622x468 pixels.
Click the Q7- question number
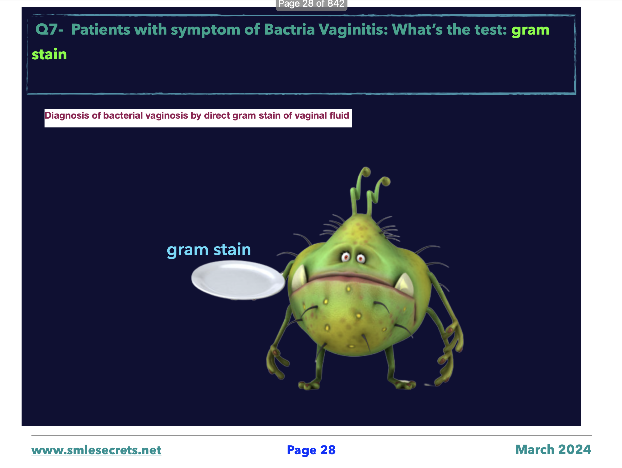(x=49, y=29)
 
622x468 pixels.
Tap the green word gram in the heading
(x=530, y=30)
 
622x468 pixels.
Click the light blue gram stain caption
(x=209, y=250)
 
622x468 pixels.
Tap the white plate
(x=238, y=279)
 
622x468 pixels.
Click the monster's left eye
(x=346, y=257)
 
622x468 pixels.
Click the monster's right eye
(x=360, y=258)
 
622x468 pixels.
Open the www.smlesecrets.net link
(x=97, y=450)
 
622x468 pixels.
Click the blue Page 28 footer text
(x=311, y=450)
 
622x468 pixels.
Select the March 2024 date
(x=553, y=449)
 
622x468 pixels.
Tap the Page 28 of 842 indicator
(x=311, y=4)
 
